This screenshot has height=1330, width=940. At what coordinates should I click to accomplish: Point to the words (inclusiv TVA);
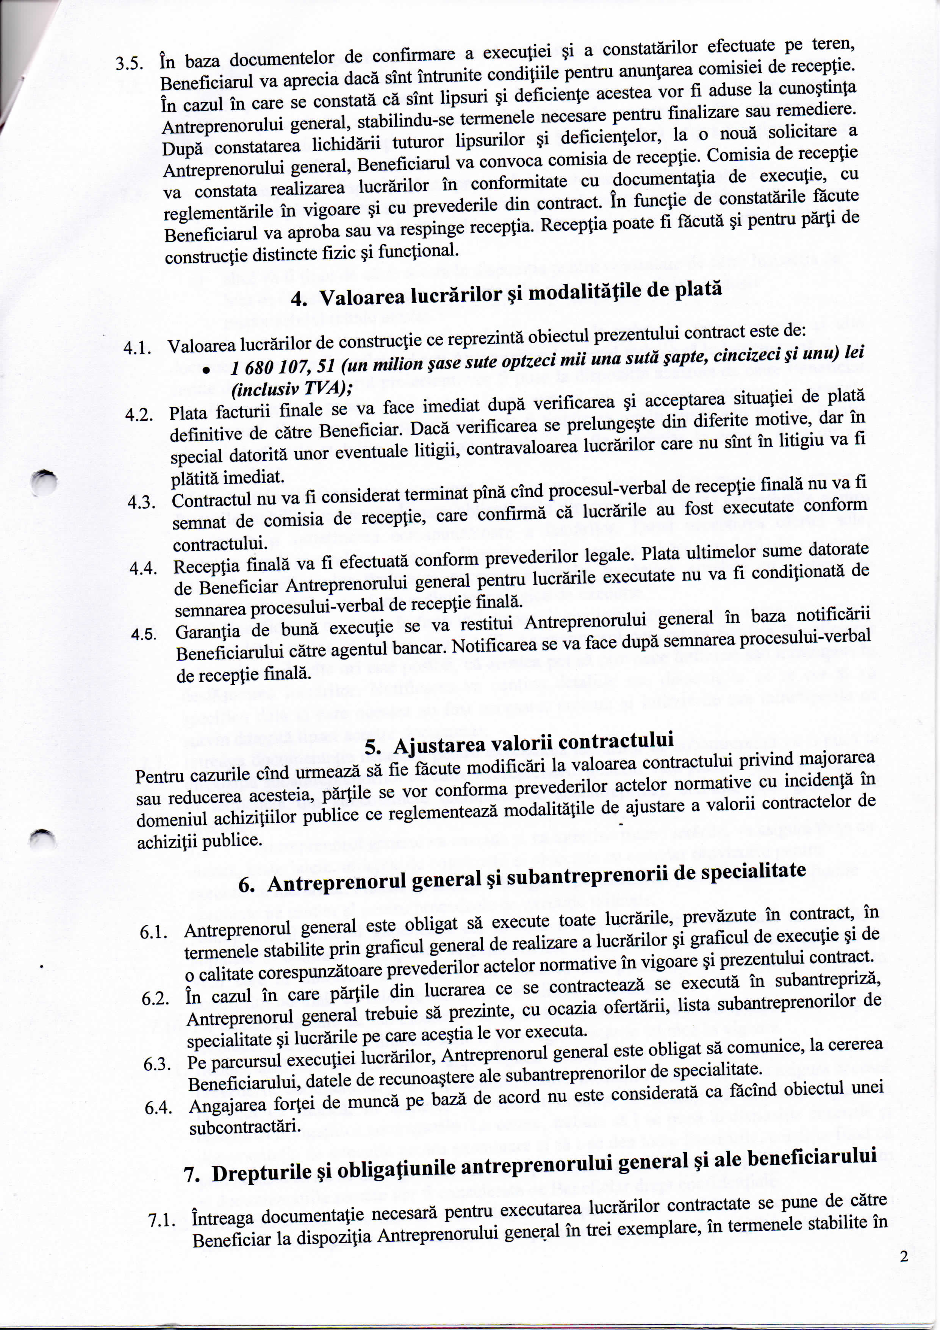click(x=292, y=390)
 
